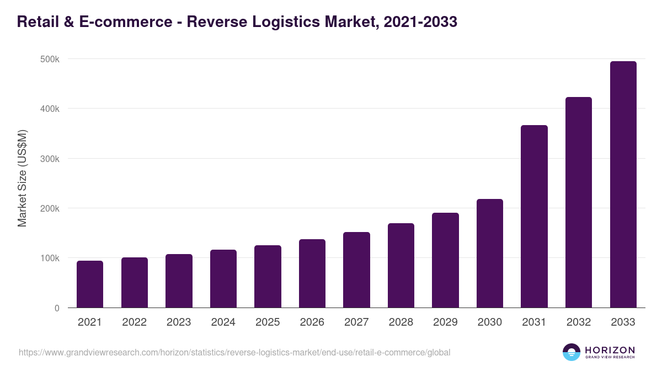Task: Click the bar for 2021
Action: tap(90, 284)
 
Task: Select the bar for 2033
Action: tap(623, 185)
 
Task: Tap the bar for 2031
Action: tap(534, 217)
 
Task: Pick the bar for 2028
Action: tap(401, 266)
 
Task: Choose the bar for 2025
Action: tap(268, 277)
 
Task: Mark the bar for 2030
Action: tap(490, 254)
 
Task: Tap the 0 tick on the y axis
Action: tap(56, 308)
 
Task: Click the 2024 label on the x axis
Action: tap(223, 322)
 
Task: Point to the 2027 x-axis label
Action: tap(356, 322)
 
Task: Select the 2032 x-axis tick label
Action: tap(579, 322)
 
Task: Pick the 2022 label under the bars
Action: tap(134, 322)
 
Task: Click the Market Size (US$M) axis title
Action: tap(22, 177)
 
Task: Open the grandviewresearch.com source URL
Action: tap(234, 352)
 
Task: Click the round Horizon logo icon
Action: tap(572, 352)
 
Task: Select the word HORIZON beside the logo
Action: tap(610, 349)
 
